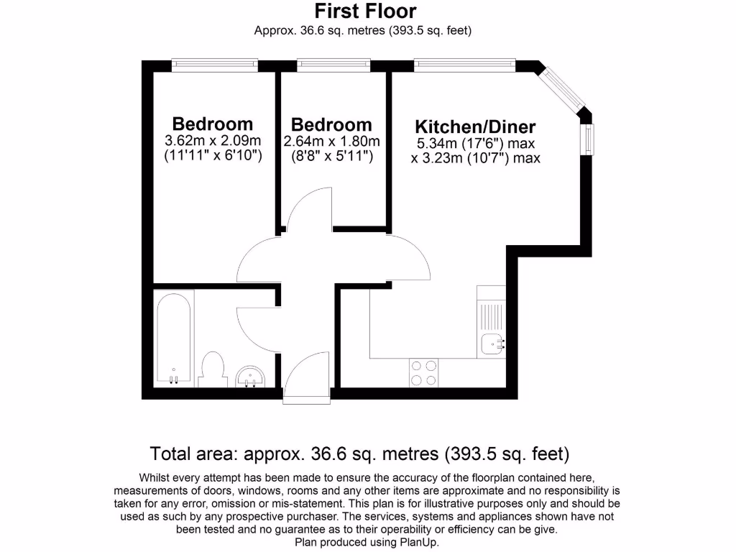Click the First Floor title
(x=365, y=11)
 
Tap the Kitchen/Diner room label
(x=475, y=128)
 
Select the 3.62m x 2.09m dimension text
(x=213, y=140)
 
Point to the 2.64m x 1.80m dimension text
(x=332, y=141)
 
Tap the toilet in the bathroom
(x=213, y=369)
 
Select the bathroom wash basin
(x=251, y=376)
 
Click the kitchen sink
(x=492, y=344)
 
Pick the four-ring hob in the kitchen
(x=423, y=373)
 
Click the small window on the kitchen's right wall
(x=589, y=139)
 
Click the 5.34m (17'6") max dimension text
(x=475, y=144)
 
